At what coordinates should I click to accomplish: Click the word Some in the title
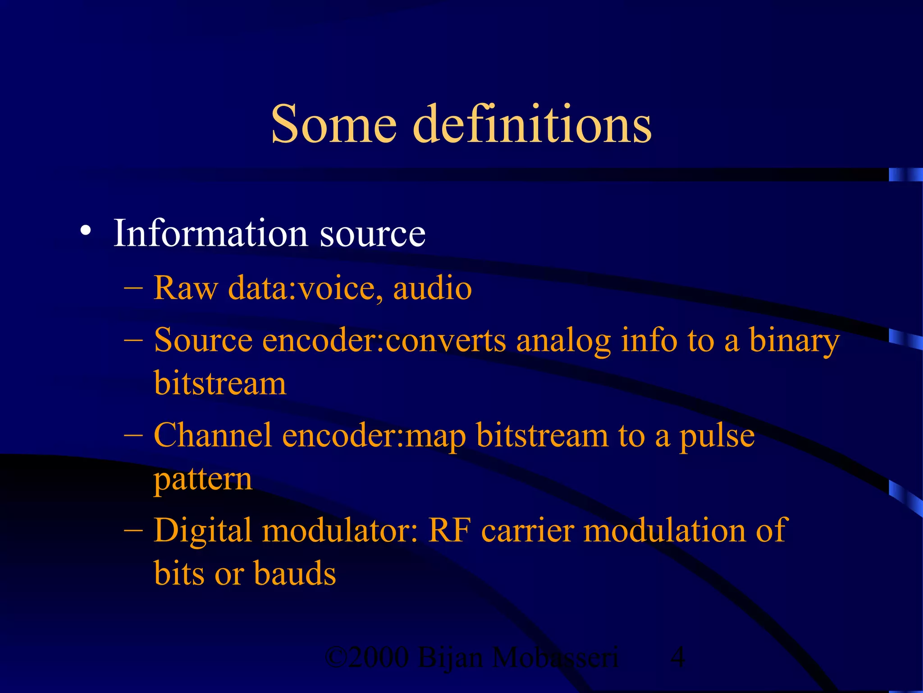[334, 124]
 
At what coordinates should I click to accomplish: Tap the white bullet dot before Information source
[85, 231]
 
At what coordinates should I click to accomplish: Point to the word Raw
[185, 287]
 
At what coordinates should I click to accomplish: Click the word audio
[432, 288]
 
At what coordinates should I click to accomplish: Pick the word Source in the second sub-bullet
[203, 340]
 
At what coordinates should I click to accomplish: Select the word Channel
[213, 436]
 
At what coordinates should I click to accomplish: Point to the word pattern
[203, 479]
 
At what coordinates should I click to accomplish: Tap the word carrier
[527, 531]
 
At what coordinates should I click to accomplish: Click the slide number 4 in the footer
[678, 657]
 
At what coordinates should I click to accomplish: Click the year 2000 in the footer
[378, 657]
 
